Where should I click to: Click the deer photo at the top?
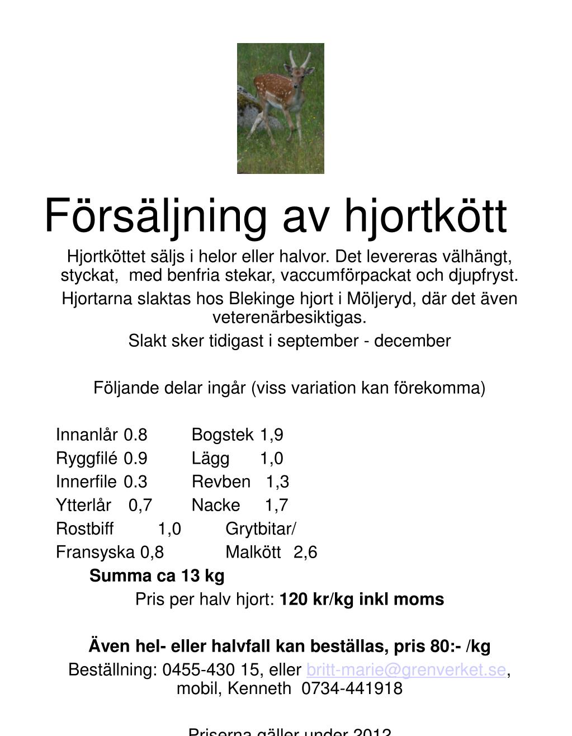pos(280,108)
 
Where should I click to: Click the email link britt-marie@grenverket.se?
pos(406,669)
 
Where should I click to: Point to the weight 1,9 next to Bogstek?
pos(271,435)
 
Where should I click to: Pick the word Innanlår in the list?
pos(87,435)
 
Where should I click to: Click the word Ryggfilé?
pos(87,458)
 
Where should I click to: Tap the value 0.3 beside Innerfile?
pos(136,482)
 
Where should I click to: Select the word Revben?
pos(221,482)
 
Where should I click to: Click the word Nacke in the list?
pos(216,505)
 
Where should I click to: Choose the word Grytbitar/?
pos(261,529)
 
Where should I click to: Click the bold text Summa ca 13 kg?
pos(157,575)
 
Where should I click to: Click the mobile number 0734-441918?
pos(352,688)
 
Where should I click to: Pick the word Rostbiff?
pos(84,529)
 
